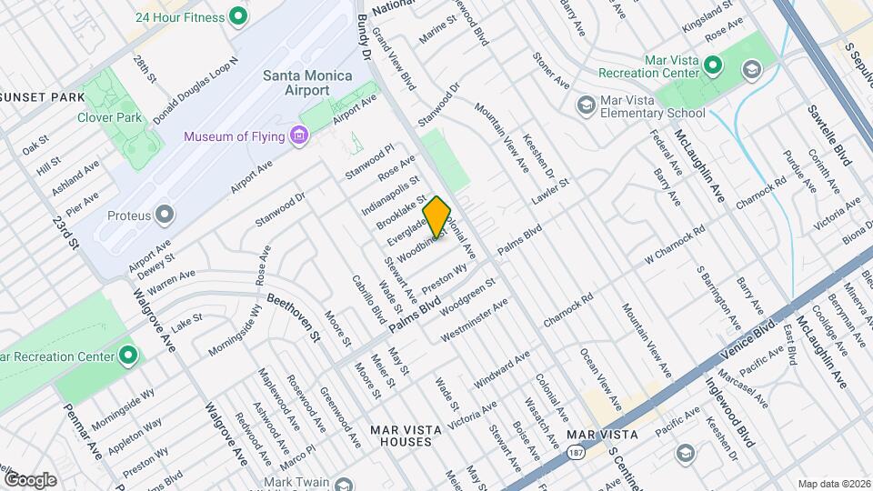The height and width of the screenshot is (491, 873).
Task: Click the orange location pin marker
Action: [436, 217]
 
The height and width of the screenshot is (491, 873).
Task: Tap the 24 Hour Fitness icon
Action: [238, 15]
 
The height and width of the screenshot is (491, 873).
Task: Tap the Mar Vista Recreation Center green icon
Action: [712, 65]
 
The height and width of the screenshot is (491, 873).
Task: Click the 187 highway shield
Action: [575, 452]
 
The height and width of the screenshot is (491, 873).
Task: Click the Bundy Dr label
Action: [366, 36]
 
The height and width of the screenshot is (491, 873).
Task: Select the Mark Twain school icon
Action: [342, 483]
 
